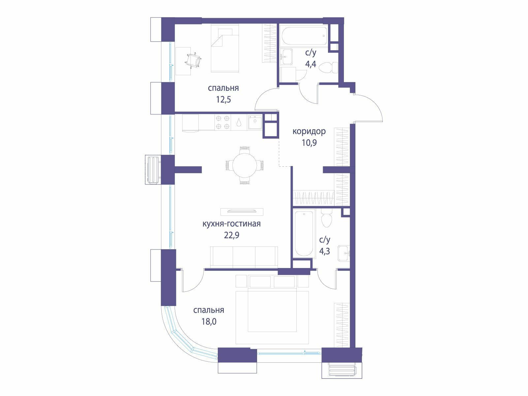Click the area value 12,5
(223, 99)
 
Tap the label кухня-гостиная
(232, 224)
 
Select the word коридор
(309, 131)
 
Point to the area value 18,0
(209, 321)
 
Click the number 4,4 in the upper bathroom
(311, 64)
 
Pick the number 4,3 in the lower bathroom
(324, 251)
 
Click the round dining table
(245, 165)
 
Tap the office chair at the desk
(193, 60)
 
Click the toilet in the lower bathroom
(327, 218)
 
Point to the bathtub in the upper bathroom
(304, 36)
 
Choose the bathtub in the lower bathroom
(304, 233)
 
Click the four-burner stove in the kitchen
(222, 122)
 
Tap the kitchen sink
(255, 122)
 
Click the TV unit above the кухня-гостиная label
(242, 212)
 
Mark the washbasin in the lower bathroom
(344, 253)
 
